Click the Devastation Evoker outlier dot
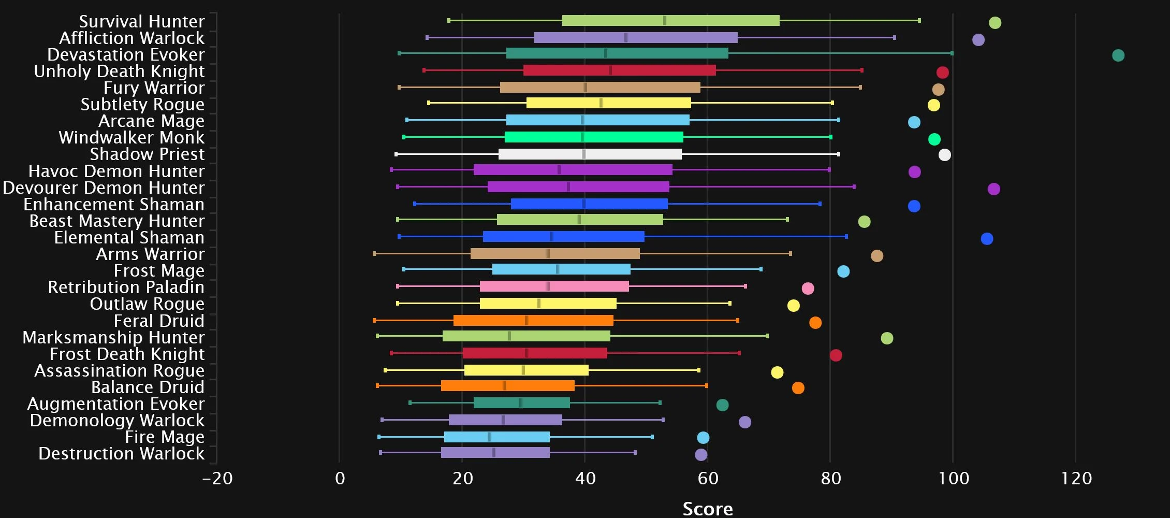click(x=1118, y=55)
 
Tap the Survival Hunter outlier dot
click(x=995, y=23)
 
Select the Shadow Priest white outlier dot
click(x=945, y=155)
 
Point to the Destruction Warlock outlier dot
click(x=701, y=455)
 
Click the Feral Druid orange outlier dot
click(x=815, y=323)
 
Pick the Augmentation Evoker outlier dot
click(x=722, y=405)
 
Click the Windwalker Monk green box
click(x=594, y=137)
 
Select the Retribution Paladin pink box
click(x=554, y=286)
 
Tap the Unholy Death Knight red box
click(x=619, y=70)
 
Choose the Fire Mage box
click(x=497, y=437)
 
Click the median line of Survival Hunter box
click(x=665, y=21)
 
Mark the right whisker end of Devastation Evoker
click(x=952, y=53)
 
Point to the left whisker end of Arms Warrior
click(x=374, y=254)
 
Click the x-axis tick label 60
click(x=708, y=479)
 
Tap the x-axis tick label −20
click(x=217, y=479)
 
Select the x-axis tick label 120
click(x=1076, y=479)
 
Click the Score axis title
click(x=708, y=509)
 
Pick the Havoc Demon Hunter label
click(x=116, y=171)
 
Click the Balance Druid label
click(x=148, y=387)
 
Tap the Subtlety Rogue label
click(x=142, y=105)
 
